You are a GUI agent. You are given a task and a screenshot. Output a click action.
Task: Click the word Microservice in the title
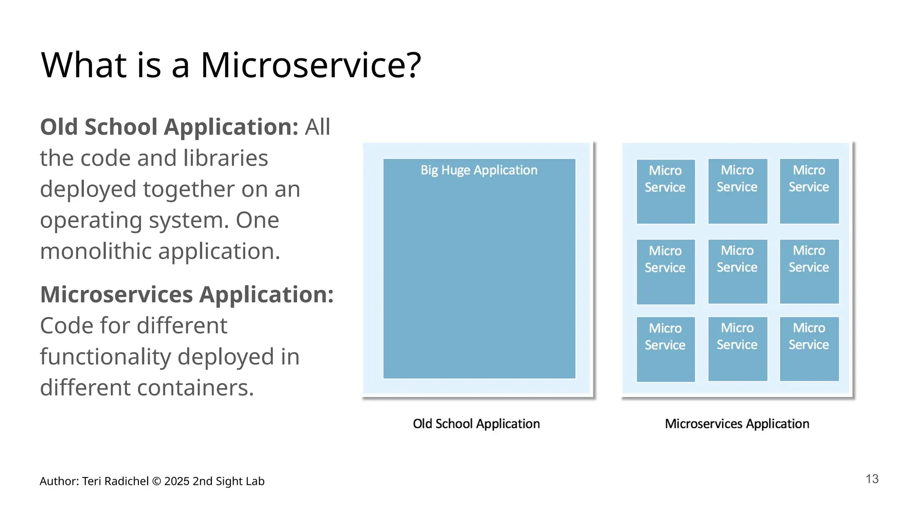click(303, 65)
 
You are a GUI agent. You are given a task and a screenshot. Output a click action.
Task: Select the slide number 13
click(872, 479)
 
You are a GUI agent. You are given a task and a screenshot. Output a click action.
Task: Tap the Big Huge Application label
click(479, 170)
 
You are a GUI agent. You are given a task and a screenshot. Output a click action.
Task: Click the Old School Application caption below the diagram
click(476, 423)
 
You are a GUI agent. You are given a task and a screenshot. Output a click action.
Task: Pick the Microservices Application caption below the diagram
click(737, 423)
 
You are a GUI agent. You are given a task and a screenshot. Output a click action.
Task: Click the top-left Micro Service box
click(665, 192)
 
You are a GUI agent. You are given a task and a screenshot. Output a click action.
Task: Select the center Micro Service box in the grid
click(737, 271)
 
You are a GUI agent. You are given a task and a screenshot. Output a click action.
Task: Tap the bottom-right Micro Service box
click(809, 349)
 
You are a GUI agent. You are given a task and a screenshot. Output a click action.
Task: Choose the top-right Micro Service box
click(809, 192)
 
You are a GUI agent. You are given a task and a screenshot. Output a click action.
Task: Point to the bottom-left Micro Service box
click(665, 349)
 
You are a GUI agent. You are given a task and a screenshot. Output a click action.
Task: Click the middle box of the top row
click(737, 192)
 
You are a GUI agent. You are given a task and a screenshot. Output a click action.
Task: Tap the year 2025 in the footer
click(177, 481)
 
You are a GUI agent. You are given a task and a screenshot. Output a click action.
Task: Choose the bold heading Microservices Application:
click(187, 294)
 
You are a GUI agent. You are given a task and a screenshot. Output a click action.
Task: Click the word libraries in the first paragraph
click(225, 158)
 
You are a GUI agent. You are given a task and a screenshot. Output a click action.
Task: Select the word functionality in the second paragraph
click(105, 357)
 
